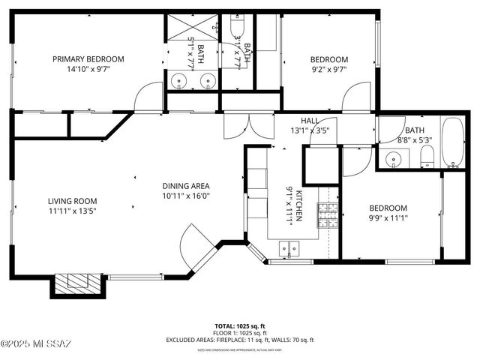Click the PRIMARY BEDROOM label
point(88,59)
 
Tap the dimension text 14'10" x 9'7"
point(88,70)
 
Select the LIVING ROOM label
point(73,200)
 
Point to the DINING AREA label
point(186,186)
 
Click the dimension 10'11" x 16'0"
point(186,196)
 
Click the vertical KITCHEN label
point(298,205)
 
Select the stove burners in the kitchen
point(328,215)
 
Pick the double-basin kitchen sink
point(289,248)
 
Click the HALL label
point(310,121)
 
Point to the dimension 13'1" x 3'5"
point(310,130)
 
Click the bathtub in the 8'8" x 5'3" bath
point(453,142)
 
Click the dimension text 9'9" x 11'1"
point(387,219)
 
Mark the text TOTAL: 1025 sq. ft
point(240,325)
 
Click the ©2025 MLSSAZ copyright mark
point(36,343)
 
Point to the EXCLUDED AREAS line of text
point(240,340)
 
